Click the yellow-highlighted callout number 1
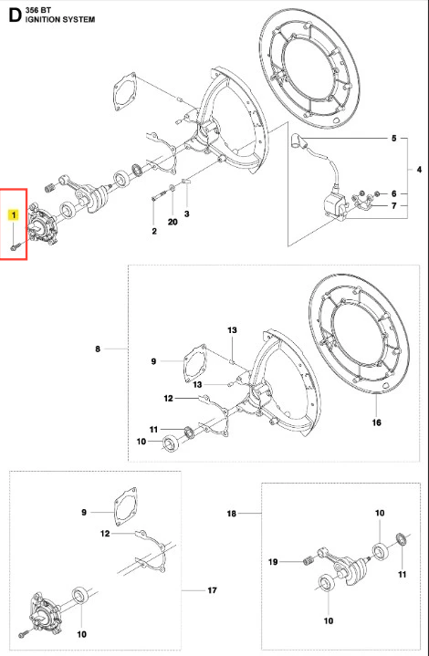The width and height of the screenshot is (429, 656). click(14, 215)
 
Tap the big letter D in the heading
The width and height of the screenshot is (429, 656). click(15, 16)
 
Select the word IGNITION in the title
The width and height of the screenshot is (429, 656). click(43, 19)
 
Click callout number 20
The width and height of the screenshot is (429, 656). click(173, 222)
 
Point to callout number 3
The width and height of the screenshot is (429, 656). click(187, 213)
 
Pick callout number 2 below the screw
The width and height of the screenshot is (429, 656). click(154, 231)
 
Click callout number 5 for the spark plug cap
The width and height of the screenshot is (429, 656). click(393, 138)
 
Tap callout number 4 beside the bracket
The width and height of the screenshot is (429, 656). click(419, 170)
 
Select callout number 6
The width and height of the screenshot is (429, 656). click(393, 193)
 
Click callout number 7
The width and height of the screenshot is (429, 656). click(393, 206)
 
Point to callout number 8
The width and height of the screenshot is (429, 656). click(98, 349)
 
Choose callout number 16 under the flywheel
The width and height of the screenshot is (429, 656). click(377, 422)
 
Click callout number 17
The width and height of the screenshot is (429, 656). click(212, 590)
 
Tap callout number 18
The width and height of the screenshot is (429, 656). click(232, 514)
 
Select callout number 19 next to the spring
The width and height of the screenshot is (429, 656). click(273, 561)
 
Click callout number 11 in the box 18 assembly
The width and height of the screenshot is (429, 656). click(403, 575)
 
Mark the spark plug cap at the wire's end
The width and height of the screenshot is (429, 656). click(298, 140)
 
